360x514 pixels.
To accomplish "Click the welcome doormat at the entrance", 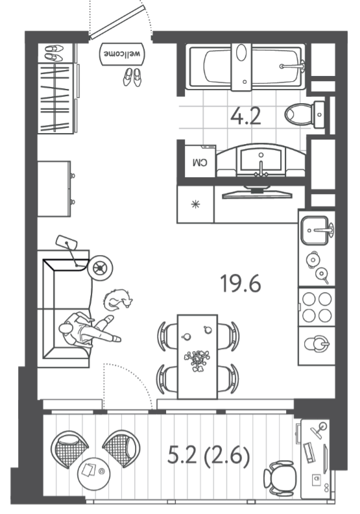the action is pos(122,53).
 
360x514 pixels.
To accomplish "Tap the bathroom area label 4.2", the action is pos(246,116).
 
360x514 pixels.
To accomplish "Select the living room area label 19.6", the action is pos(241,284).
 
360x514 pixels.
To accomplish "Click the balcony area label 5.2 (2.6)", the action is pos(209,456).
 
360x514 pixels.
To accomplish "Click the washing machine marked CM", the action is pos(200,161).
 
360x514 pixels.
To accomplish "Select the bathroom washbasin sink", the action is pos(261,161).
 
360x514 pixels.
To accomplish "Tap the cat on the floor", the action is pos(118,299).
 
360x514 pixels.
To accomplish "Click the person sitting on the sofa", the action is pos(89,330).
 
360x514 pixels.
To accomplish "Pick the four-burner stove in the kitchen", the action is pos(317,307).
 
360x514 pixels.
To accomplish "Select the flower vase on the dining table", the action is pos(197,359).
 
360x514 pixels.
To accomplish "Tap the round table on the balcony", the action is pos(94,473).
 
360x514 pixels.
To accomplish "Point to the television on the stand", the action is pos(257,193).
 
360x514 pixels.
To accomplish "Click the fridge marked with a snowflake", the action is pos(195,204).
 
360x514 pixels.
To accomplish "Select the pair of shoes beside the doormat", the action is pos(132,77).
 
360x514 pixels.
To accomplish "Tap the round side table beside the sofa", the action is pos(99,267).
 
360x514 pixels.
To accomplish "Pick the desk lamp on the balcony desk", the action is pos(318,430).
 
